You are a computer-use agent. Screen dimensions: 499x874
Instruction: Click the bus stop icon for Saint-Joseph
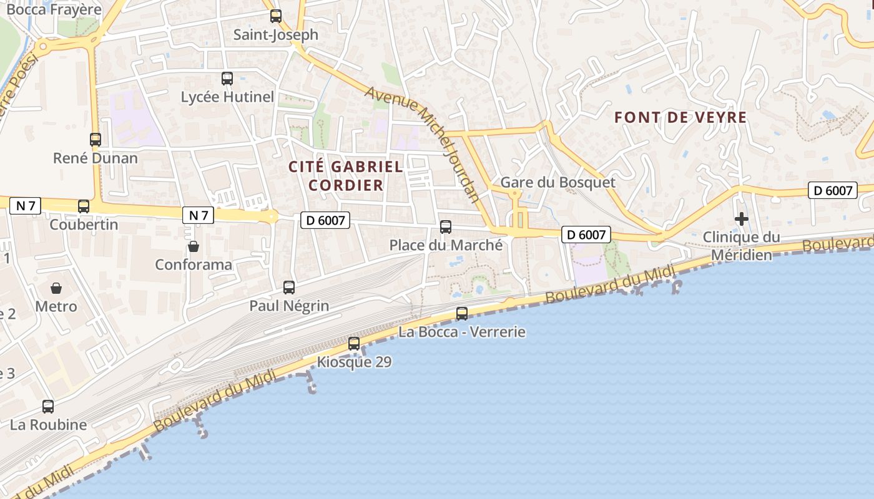click(x=275, y=16)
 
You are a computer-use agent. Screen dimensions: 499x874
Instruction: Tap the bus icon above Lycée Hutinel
click(x=227, y=79)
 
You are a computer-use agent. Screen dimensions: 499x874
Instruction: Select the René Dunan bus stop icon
click(x=96, y=140)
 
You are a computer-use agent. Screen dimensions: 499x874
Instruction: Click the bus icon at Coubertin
click(x=84, y=206)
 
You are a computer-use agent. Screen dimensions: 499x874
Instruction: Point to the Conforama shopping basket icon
click(x=194, y=246)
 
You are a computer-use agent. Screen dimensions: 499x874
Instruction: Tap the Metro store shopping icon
click(x=56, y=288)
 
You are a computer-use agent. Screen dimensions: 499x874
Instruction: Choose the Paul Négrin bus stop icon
click(x=289, y=288)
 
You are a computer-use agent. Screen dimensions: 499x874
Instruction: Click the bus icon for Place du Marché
click(x=446, y=227)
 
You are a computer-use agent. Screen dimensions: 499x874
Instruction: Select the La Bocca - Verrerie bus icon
click(x=462, y=314)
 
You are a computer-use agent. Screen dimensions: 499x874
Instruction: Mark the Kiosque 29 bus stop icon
click(x=354, y=344)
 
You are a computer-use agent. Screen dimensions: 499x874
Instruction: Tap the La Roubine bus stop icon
click(x=48, y=407)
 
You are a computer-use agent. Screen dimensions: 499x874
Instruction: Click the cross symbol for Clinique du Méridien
click(x=742, y=219)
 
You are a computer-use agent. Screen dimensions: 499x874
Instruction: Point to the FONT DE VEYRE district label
click(x=680, y=117)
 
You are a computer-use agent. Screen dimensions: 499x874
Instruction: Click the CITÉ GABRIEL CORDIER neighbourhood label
click(x=346, y=176)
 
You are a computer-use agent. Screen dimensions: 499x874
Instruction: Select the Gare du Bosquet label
click(x=558, y=182)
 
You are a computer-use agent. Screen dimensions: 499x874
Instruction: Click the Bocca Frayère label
click(x=54, y=9)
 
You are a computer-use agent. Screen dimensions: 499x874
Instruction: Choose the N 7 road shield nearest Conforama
click(x=198, y=216)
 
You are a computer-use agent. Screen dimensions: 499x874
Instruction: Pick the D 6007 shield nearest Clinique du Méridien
click(x=833, y=190)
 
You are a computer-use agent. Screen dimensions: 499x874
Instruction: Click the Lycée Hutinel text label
click(x=227, y=97)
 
